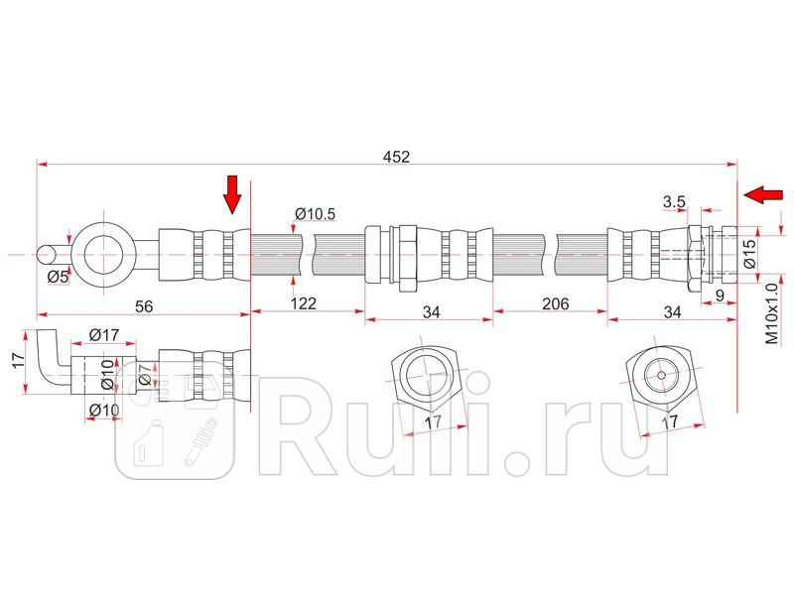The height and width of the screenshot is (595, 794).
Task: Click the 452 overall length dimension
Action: click(396, 156)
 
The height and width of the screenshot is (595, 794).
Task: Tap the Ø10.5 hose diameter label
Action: click(316, 213)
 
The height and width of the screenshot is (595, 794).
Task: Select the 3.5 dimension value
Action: click(675, 202)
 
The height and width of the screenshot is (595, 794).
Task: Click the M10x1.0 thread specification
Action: click(771, 314)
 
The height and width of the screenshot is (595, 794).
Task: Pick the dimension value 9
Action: click(719, 294)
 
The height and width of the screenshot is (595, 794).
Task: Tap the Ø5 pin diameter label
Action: click(59, 277)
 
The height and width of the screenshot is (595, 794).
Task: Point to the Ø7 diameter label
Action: click(145, 375)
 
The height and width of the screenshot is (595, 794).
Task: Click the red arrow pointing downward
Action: click(232, 194)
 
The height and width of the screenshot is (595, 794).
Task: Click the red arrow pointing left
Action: click(762, 193)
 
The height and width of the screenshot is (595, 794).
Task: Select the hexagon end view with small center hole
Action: click(661, 376)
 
